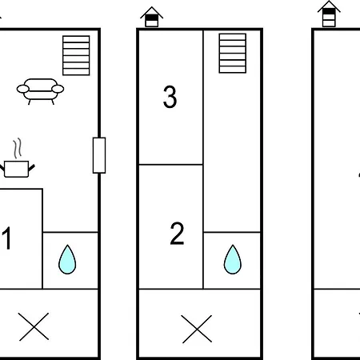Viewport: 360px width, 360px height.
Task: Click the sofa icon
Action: coord(40,91)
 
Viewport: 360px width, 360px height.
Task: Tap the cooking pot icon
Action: coord(17,169)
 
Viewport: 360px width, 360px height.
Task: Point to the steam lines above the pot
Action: coord(18,148)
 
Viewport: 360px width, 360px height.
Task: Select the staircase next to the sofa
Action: coord(76,55)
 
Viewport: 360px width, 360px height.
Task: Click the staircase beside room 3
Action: coord(233,53)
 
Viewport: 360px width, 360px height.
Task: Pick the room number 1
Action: coord(6,238)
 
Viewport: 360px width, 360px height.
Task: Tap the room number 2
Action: coord(177,234)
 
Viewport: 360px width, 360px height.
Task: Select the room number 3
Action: coord(170,97)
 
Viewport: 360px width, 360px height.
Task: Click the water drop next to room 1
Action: coord(67,259)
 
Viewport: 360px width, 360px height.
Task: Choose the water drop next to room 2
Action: coord(233,259)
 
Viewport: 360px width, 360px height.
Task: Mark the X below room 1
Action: coord(34,326)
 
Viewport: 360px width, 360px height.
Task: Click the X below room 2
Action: coord(197,329)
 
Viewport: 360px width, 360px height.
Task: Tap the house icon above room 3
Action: coord(152,17)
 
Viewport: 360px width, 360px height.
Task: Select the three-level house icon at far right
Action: coord(329,14)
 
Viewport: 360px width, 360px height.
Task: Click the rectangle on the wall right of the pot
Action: coord(99,155)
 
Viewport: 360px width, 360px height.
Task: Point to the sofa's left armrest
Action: coord(23,89)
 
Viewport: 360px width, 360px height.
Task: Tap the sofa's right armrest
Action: coord(58,89)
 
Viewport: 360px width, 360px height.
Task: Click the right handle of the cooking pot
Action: coord(31,168)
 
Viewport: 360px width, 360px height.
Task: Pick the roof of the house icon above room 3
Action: coord(152,12)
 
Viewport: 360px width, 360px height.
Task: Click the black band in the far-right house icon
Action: coord(329,11)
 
